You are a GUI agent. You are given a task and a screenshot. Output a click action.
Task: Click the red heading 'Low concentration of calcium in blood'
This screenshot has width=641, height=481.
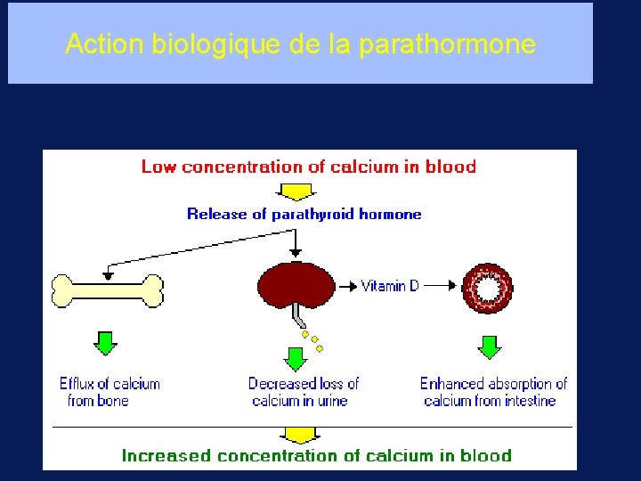(309, 167)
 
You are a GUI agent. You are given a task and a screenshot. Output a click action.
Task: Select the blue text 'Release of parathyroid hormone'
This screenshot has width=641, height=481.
(304, 214)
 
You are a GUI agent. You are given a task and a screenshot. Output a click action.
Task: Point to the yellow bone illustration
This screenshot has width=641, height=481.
(108, 289)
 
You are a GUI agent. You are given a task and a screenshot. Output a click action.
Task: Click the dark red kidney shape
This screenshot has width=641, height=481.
(295, 285)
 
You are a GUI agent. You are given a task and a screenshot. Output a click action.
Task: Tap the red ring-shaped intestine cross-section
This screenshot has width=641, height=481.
(487, 288)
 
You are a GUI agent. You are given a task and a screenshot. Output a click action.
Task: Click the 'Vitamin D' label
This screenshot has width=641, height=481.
(390, 286)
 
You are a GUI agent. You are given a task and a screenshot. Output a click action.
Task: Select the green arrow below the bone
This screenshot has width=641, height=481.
(106, 342)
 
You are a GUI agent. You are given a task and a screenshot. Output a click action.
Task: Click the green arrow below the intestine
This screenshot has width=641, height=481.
(489, 346)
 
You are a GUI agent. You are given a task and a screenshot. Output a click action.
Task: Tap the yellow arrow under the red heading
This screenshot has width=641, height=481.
(297, 191)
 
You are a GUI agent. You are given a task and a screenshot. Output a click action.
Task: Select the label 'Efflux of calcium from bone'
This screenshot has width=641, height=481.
(109, 392)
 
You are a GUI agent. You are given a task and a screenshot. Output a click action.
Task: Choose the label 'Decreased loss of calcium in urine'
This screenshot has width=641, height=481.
(303, 392)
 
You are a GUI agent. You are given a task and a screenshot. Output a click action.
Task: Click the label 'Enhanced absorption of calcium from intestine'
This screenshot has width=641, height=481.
(493, 392)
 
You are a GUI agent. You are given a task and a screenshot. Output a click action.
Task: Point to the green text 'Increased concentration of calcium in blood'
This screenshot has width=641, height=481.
(317, 456)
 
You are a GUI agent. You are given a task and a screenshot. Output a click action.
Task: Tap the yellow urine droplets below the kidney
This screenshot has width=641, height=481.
(312, 341)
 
